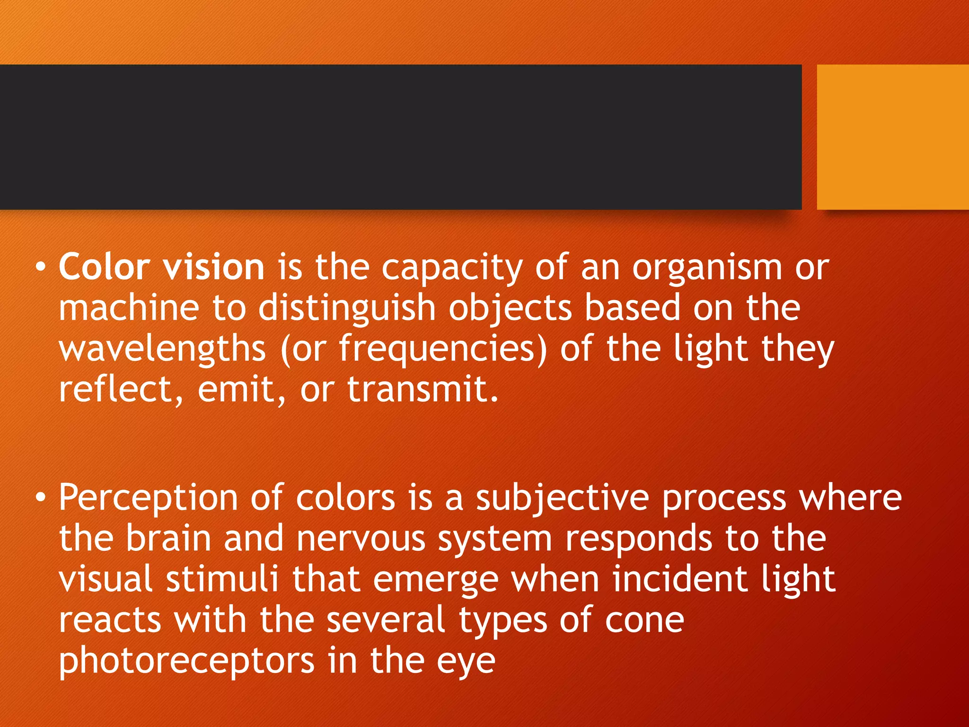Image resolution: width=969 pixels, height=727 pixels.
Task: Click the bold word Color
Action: click(x=104, y=267)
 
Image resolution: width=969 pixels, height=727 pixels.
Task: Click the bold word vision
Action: click(x=213, y=267)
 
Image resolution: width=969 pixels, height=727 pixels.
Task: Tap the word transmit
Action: click(x=423, y=389)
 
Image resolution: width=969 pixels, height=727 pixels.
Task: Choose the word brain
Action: click(x=168, y=539)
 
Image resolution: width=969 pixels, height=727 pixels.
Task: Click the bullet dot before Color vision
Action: click(x=41, y=267)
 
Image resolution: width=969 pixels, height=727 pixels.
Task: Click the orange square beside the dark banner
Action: click(x=893, y=137)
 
